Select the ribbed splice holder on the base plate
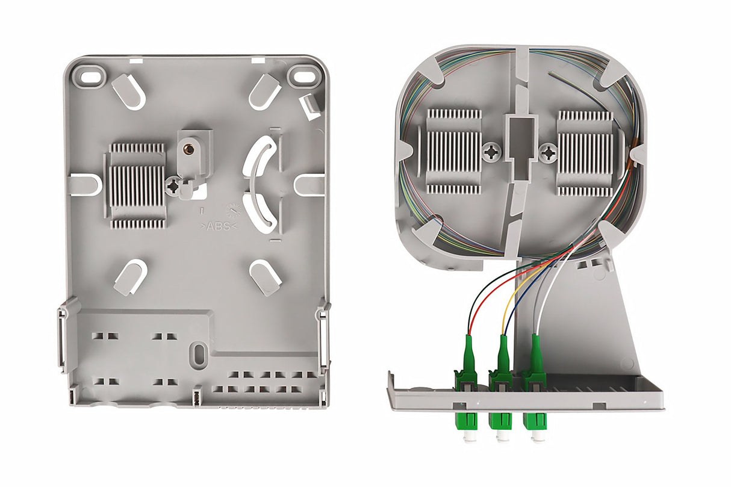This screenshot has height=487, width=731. click(x=137, y=185)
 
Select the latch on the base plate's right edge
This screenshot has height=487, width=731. click(x=325, y=337)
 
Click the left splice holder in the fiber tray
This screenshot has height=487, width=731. click(x=454, y=151)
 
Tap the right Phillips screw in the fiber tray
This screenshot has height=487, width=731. click(x=548, y=152)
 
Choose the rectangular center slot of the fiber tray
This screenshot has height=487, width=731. click(x=520, y=133)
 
